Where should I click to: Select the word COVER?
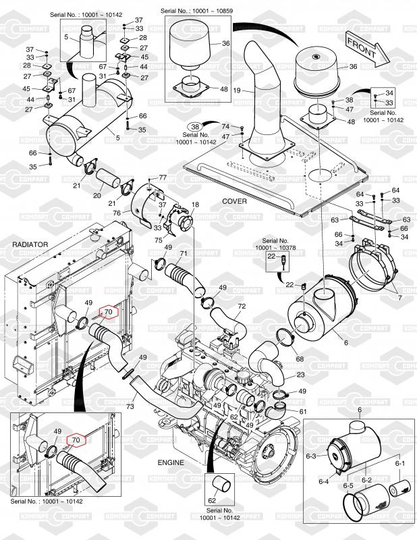click(x=234, y=202)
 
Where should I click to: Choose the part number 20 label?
click(x=97, y=195)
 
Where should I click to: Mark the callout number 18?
click(x=196, y=204)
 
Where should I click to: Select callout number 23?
click(x=300, y=375)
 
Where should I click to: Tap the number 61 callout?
click(x=303, y=411)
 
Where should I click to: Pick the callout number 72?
click(x=242, y=306)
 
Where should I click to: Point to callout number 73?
click(x=130, y=407)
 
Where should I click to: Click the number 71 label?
click(x=183, y=253)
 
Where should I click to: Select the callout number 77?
click(x=162, y=177)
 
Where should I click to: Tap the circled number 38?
click(x=194, y=126)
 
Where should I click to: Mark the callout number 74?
click(x=225, y=126)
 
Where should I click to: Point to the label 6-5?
click(x=348, y=486)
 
